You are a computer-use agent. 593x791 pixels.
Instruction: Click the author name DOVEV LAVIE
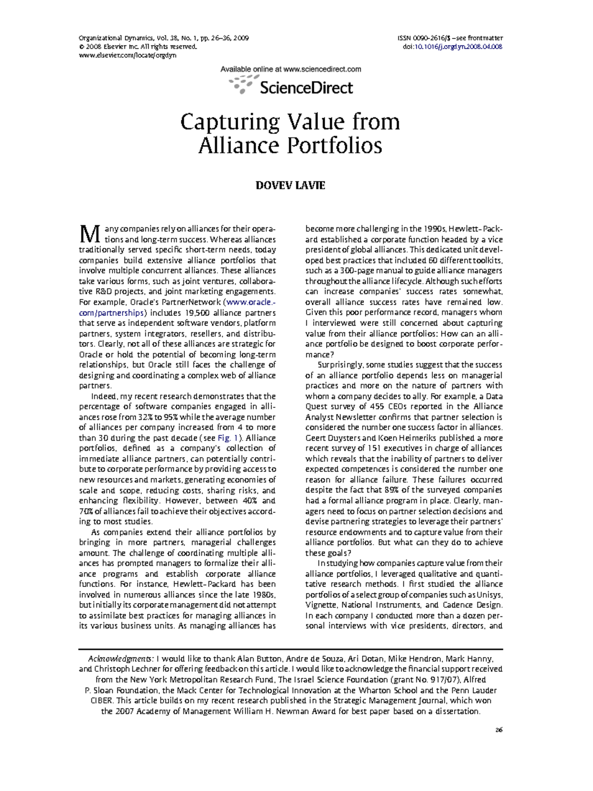(x=290, y=186)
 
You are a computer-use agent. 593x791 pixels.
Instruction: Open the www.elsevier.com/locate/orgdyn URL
(x=127, y=55)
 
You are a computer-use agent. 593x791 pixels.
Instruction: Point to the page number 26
(x=499, y=730)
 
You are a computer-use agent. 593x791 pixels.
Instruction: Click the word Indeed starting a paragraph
(x=104, y=396)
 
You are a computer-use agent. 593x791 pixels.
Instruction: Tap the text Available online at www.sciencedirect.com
(x=291, y=70)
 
